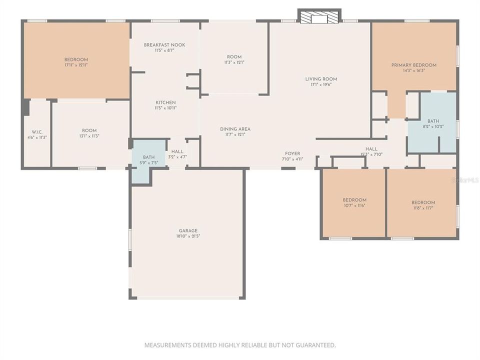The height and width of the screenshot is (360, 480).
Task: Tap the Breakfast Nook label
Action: click(164, 45)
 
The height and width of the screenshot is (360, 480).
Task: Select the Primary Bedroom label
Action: click(413, 65)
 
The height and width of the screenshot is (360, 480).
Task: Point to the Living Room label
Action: click(321, 79)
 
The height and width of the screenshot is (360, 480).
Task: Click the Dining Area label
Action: click(235, 129)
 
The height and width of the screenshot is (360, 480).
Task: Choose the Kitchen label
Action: click(165, 102)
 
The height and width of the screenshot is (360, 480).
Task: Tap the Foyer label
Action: click(292, 153)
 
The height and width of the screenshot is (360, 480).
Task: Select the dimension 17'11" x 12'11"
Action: click(76, 65)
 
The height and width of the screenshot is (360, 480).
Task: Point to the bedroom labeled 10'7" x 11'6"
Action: click(354, 202)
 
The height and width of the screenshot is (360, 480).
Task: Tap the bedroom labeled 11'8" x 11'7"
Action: click(422, 205)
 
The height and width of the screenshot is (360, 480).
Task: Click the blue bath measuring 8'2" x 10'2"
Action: click(433, 124)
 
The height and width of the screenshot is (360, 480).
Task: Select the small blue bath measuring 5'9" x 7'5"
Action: click(148, 159)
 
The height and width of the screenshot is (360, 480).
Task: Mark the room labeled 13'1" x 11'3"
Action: click(89, 133)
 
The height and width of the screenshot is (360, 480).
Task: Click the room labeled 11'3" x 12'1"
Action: click(234, 59)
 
